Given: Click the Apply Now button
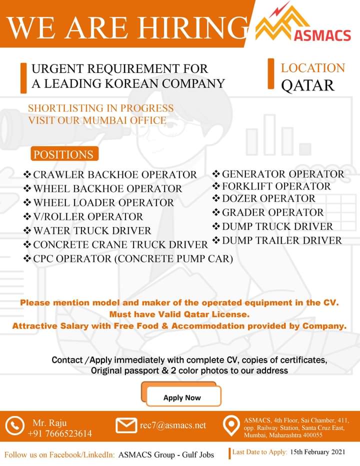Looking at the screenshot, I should tap(182, 397).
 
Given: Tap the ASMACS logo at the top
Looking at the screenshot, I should tap(303, 26).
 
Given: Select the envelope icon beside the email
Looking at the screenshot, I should tap(126, 425).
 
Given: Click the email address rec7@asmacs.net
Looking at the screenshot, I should tap(173, 425).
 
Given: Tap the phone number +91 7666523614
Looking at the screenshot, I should tap(60, 433).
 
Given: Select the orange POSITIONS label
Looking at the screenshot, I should tap(63, 154).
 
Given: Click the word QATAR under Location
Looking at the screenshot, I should tap(307, 85).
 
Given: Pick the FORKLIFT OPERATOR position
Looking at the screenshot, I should tap(276, 186).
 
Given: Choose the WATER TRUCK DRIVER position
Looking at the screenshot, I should tap(92, 230).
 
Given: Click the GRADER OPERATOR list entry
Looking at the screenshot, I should tap(273, 212).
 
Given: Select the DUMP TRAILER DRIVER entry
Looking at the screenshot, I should tap(282, 240).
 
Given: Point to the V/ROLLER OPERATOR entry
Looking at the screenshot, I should tap(88, 216).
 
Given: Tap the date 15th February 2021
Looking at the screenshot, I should tap(317, 452).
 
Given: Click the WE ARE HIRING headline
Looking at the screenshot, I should tap(127, 27).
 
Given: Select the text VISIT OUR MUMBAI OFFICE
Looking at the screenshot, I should tap(97, 120).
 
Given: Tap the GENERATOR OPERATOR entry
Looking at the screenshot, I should tap(283, 174).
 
